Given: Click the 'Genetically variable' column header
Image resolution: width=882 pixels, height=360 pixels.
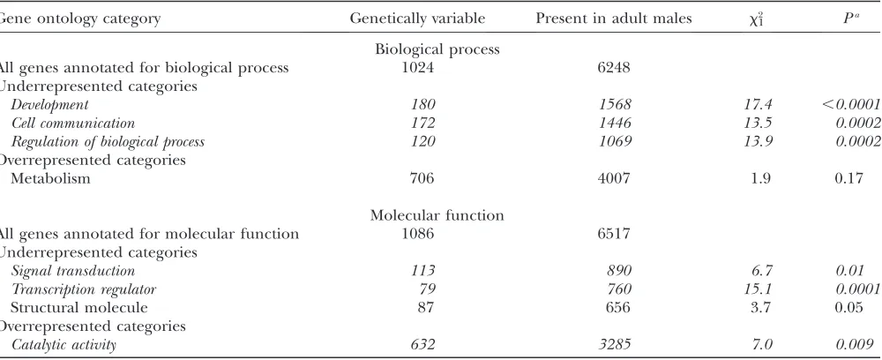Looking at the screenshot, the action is click(x=417, y=19).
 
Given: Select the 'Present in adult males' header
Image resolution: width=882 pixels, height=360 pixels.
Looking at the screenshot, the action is click(x=614, y=18).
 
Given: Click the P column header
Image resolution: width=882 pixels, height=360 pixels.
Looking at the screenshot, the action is click(x=847, y=18).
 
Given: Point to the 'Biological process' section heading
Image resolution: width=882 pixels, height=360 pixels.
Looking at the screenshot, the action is click(x=437, y=49).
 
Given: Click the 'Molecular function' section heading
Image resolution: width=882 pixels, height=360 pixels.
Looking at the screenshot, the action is click(x=437, y=215).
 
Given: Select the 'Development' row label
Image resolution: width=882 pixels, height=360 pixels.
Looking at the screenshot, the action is click(x=50, y=105).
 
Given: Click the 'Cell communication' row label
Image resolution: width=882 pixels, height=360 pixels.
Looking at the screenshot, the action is click(x=73, y=123).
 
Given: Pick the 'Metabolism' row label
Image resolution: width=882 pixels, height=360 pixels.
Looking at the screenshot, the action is click(x=50, y=178).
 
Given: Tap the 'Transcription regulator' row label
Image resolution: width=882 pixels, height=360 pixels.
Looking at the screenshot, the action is click(x=84, y=289).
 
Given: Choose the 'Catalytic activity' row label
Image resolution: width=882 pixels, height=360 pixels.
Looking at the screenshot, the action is click(x=64, y=344).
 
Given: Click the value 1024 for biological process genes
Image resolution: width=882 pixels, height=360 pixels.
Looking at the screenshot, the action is click(x=417, y=67).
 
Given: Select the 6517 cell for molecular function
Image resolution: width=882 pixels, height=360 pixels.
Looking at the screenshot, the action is click(x=614, y=234).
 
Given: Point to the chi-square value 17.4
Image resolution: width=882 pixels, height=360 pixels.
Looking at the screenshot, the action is click(x=756, y=104).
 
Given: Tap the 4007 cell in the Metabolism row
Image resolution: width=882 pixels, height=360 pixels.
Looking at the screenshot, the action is click(x=614, y=178).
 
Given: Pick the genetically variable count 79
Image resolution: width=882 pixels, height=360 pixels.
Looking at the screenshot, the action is click(x=426, y=289).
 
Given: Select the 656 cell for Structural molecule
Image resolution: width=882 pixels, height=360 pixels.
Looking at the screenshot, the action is click(x=618, y=307).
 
